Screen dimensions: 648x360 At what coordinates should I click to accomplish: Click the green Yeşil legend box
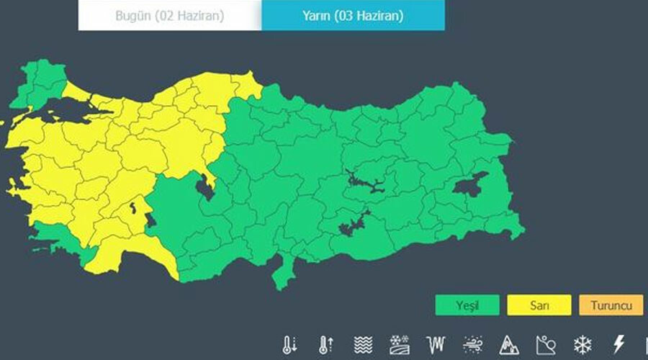(x=467, y=305)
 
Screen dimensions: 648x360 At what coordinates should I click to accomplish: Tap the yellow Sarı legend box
(x=539, y=305)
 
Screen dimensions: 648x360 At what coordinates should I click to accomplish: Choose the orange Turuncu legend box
(x=611, y=305)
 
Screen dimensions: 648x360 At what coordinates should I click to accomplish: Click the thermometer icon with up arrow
(x=325, y=345)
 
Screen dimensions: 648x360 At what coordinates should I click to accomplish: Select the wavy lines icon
(x=362, y=345)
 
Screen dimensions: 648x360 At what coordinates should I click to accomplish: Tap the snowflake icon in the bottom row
(x=582, y=345)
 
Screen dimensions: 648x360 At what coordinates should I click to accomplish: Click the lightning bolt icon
(x=618, y=345)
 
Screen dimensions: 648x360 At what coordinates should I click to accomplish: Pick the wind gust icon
(x=472, y=345)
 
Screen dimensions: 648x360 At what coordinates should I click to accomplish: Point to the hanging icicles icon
(x=436, y=345)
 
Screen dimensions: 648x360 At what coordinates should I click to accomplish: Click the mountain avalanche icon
(x=508, y=345)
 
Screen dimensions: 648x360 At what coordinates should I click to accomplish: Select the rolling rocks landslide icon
(x=545, y=345)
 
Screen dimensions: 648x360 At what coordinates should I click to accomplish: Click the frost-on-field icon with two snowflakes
(x=399, y=345)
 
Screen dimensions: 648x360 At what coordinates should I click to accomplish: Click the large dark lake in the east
(x=469, y=185)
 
